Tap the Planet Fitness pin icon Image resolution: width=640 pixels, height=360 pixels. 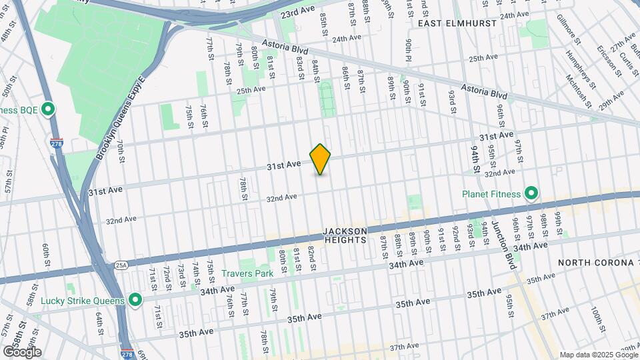pyautogui.click(x=531, y=194)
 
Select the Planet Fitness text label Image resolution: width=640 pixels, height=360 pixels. pyautogui.click(x=490, y=195)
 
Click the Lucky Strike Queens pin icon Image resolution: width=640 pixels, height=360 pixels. pyautogui.click(x=136, y=301)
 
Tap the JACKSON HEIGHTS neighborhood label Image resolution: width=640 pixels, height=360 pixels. pyautogui.click(x=345, y=235)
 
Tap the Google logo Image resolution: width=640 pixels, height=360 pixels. pyautogui.click(x=21, y=351)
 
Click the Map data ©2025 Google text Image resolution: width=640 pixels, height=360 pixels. pyautogui.click(x=598, y=355)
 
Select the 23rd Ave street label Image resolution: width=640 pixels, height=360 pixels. pyautogui.click(x=297, y=13)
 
